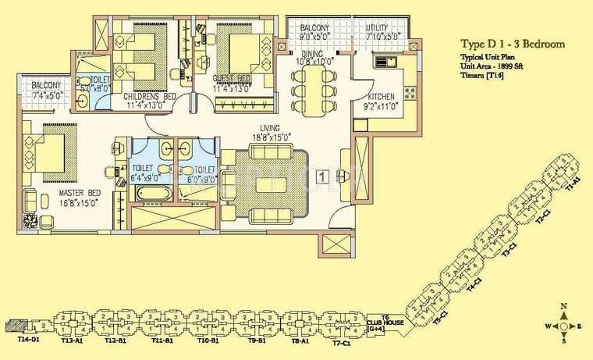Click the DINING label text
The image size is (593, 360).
coord(315,54)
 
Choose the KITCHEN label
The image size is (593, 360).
coord(382,97)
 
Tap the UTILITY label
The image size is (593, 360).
coord(382,28)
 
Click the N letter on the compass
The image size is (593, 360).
coord(563,307)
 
